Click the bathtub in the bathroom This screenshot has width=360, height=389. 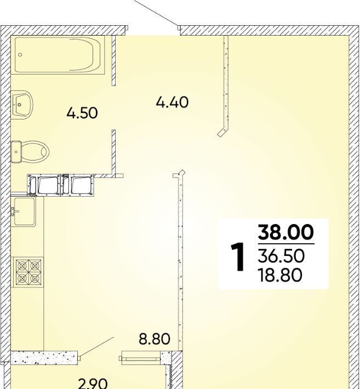pos(60,55)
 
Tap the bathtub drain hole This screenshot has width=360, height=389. pos(20,55)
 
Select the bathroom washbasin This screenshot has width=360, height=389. pos(22,105)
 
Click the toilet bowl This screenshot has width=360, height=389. pos(35,151)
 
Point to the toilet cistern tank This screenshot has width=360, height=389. pos(16,152)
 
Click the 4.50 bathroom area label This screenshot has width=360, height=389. pos(82,113)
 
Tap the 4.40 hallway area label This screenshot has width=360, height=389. pos(172,102)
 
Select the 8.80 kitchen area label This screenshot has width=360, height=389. pos(155,339)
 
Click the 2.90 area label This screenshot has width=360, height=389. pos(93,384)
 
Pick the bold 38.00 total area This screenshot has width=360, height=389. pos(286,232)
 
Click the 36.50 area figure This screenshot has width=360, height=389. pos(281,256)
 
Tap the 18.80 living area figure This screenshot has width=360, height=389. pos(280,275)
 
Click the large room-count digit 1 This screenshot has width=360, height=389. pos(238,258)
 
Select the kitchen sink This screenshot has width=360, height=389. pos(24,211)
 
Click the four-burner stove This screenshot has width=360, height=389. pos(28,272)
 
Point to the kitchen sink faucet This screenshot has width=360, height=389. pos(14,211)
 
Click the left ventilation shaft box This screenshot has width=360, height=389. pos(44,185)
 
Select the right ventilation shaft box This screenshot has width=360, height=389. pos(77,185)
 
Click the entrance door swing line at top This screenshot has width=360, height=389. pos(156,13)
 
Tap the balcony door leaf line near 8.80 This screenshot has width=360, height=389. pos(97,347)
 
